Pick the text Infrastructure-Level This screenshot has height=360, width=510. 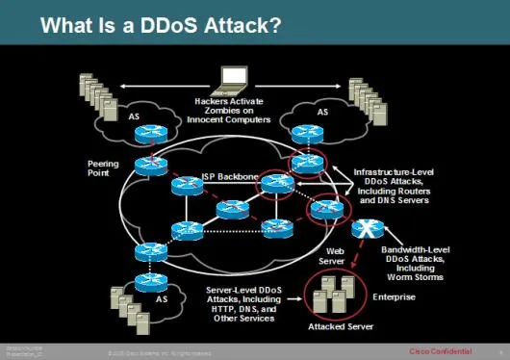[x=393, y=170]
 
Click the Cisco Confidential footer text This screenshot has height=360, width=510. [x=443, y=348]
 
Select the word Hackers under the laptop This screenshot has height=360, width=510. [x=213, y=99]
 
